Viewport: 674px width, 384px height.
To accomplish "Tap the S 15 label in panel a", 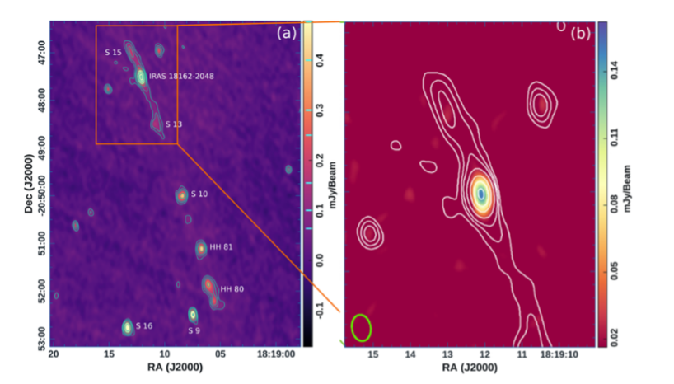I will point(113,52).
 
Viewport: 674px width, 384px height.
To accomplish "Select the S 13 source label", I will point(173,124).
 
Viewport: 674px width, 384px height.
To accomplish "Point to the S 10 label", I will point(199,194).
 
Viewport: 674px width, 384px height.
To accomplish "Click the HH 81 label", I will point(218,246).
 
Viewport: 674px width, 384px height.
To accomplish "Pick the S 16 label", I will point(144,326).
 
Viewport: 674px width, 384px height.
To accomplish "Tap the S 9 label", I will point(194,330).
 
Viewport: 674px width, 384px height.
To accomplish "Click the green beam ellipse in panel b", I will point(361,327).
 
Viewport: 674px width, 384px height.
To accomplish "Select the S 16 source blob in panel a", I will point(128,327).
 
